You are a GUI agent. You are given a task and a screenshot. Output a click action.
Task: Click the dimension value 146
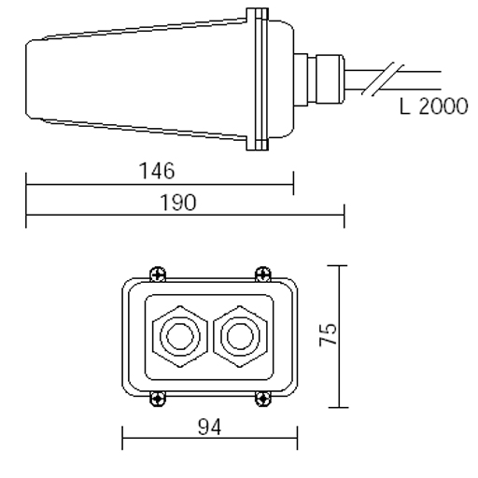(157, 171)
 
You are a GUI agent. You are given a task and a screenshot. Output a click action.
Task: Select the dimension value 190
(178, 203)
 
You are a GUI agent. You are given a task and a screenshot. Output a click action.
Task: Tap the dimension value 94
(210, 427)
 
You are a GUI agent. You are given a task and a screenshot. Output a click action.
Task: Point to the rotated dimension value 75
(328, 335)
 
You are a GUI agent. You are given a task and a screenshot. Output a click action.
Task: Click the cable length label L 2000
(433, 106)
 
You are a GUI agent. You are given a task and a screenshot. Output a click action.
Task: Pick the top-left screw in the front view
(158, 274)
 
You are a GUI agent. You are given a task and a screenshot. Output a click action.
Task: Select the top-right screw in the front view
(263, 274)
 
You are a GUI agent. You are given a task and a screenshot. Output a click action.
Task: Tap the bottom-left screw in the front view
(158, 399)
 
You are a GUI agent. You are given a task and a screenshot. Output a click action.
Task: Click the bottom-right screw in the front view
(263, 399)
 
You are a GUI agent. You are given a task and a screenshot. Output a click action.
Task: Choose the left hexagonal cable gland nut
(180, 336)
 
